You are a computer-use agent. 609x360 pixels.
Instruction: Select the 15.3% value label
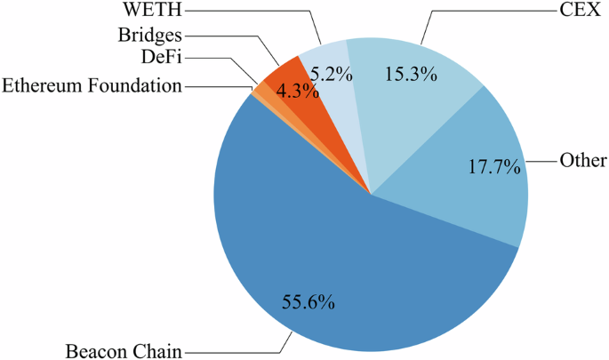410,76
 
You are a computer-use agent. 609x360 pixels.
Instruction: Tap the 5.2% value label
333,75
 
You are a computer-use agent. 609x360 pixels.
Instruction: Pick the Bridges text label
149,36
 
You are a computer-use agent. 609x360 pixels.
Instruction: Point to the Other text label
583,161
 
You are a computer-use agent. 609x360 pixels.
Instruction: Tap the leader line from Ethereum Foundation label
218,86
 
